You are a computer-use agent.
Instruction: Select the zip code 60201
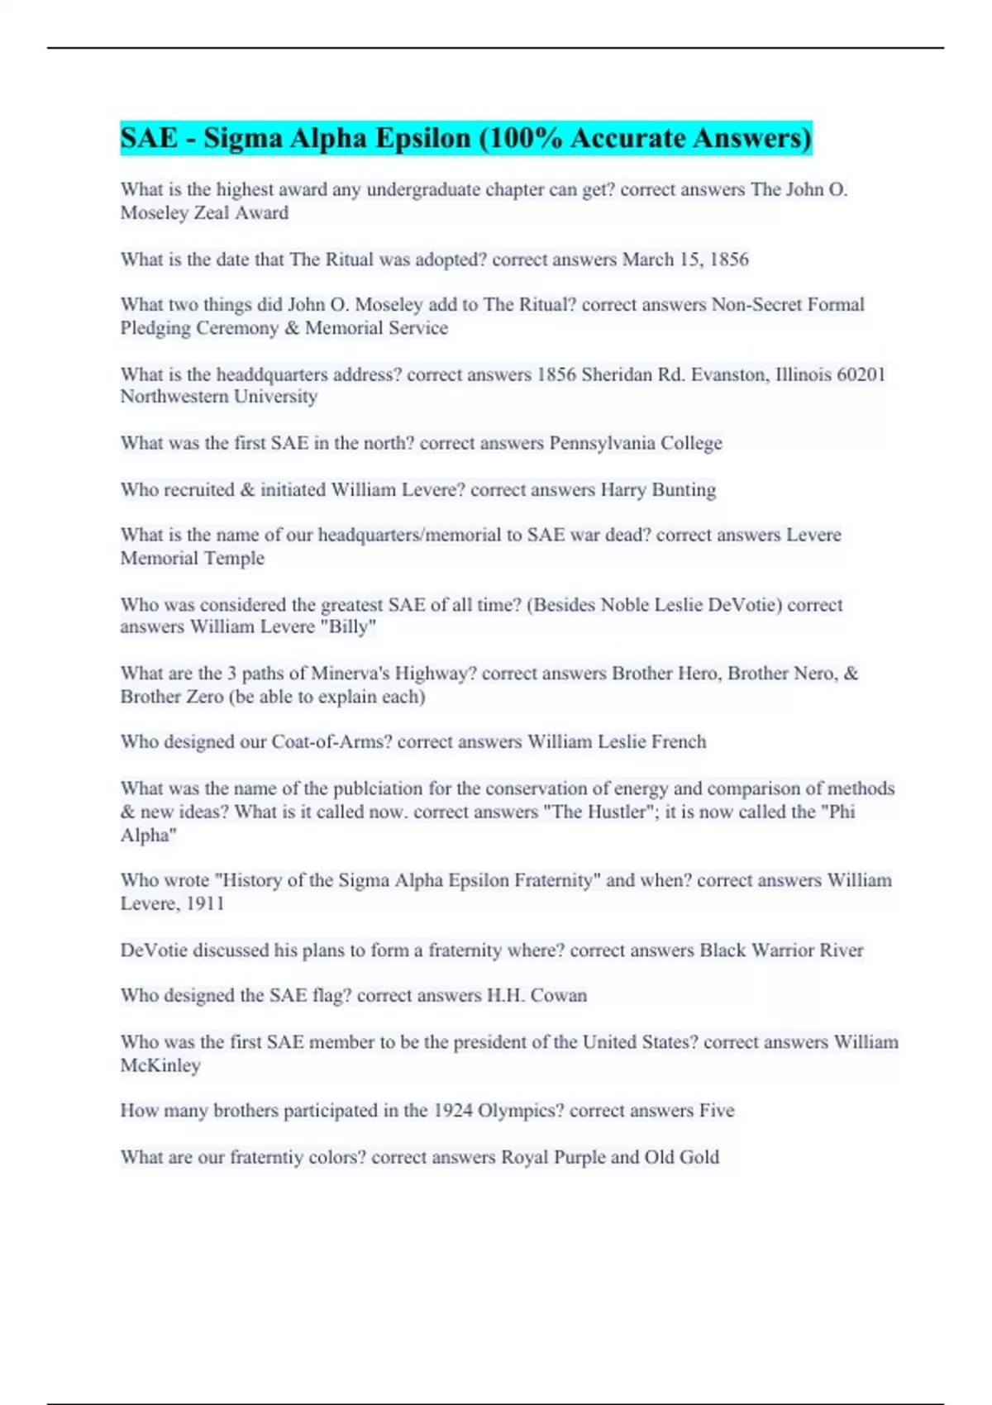pos(861,374)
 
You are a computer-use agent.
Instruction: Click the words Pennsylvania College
pos(636,443)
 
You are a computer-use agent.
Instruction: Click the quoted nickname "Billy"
pos(351,626)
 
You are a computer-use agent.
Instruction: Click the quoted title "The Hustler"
pos(594,812)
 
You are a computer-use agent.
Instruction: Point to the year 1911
pos(205,903)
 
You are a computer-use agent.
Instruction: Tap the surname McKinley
pos(160,1065)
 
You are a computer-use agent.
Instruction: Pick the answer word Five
pos(717,1110)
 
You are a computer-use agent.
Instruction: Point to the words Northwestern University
pos(219,397)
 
